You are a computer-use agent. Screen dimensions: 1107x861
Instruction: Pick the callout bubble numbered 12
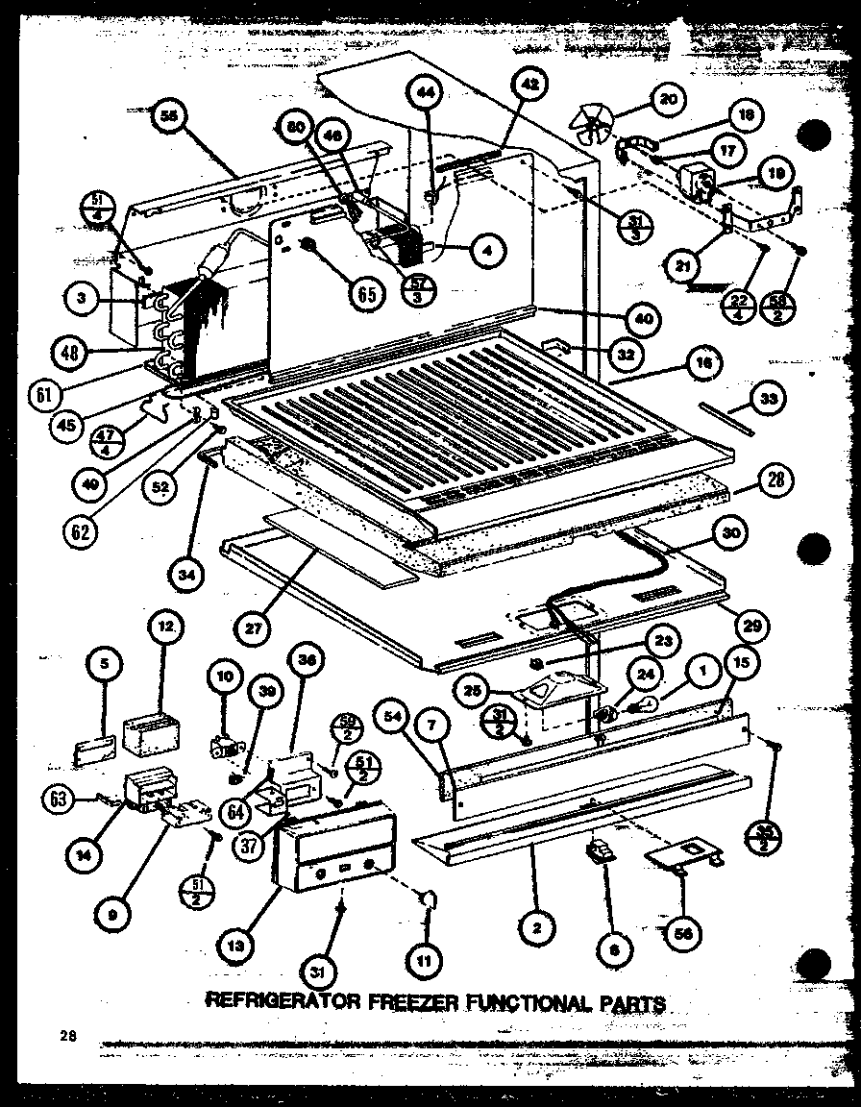click(165, 627)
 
